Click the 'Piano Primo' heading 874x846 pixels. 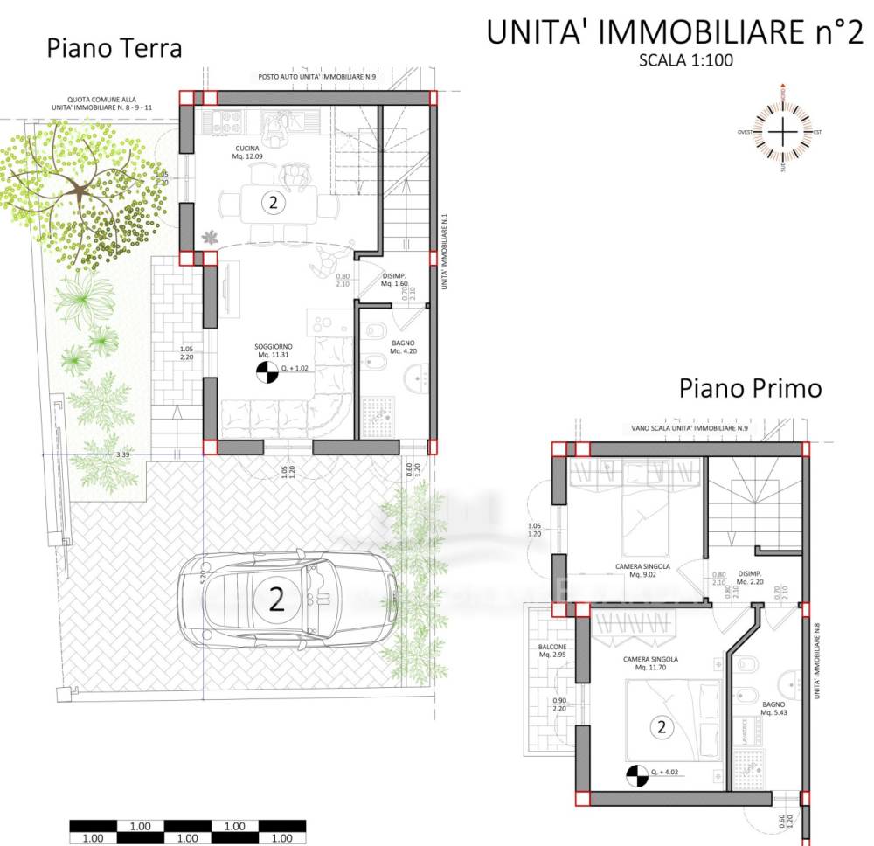coord(751,387)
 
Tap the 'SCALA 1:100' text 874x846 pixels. coord(686,60)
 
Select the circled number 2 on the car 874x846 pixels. coord(276,600)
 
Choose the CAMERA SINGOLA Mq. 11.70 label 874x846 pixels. coord(650,663)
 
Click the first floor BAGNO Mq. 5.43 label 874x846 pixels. coord(773,708)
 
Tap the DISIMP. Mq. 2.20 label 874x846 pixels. coord(750,578)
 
